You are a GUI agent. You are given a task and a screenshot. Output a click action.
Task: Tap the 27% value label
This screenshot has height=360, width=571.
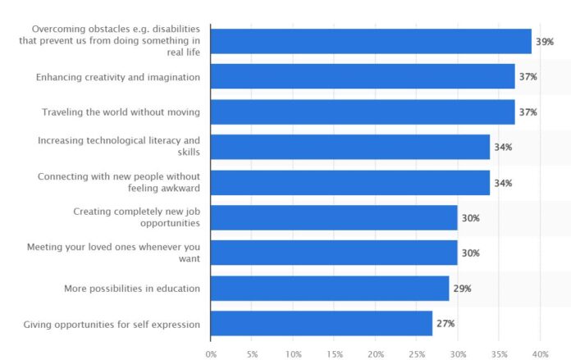pos(445,323)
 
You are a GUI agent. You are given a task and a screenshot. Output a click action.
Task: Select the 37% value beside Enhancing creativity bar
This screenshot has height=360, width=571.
pos(528,76)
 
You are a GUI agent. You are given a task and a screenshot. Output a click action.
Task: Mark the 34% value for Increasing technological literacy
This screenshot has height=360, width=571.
pos(503,147)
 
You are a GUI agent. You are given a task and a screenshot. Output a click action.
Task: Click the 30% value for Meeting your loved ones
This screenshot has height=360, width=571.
pos(470,253)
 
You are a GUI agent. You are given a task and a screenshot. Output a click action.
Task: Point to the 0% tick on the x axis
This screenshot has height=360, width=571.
pos(211,353)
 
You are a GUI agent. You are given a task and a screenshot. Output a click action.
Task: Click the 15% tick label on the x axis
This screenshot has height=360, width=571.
pos(335,353)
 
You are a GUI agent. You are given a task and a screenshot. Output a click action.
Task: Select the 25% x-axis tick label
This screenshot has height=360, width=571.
pos(417,353)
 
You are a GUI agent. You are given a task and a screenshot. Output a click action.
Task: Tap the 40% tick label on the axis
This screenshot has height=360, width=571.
pos(541,353)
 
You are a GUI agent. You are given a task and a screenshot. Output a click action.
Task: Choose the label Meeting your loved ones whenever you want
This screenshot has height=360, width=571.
pos(114,253)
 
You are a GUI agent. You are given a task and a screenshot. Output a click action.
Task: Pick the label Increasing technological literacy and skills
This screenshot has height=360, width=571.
pos(119,147)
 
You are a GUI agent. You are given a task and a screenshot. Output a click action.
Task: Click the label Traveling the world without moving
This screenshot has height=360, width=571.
pos(121,112)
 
